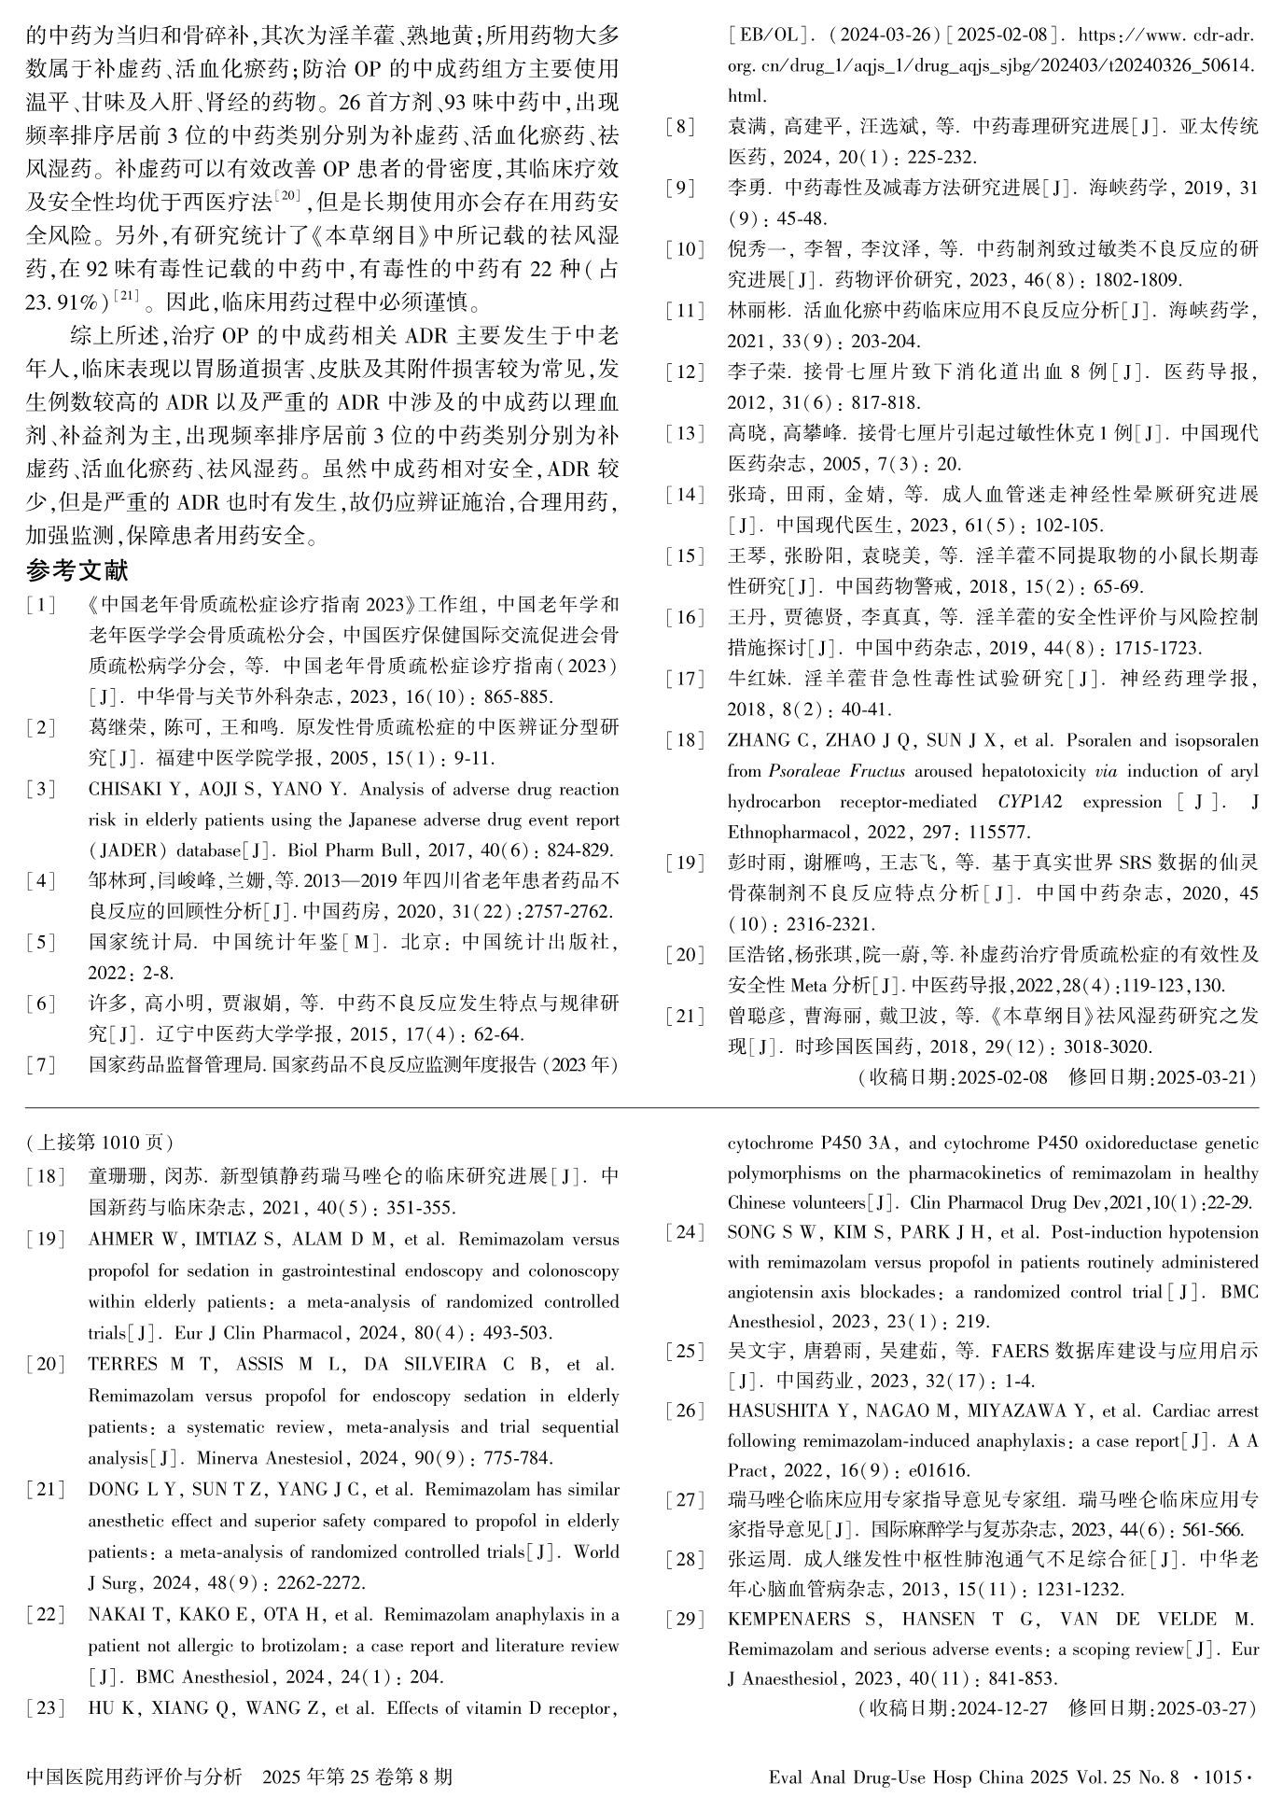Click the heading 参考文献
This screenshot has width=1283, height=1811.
pos(77,570)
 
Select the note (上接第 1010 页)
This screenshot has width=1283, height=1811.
pos(100,1143)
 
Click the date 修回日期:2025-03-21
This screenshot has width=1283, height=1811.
pos(1163,1077)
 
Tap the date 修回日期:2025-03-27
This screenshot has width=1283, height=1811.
pos(1163,1708)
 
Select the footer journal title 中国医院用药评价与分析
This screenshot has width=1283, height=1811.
pos(134,1776)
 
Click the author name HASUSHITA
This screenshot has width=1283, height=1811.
pos(778,1411)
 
